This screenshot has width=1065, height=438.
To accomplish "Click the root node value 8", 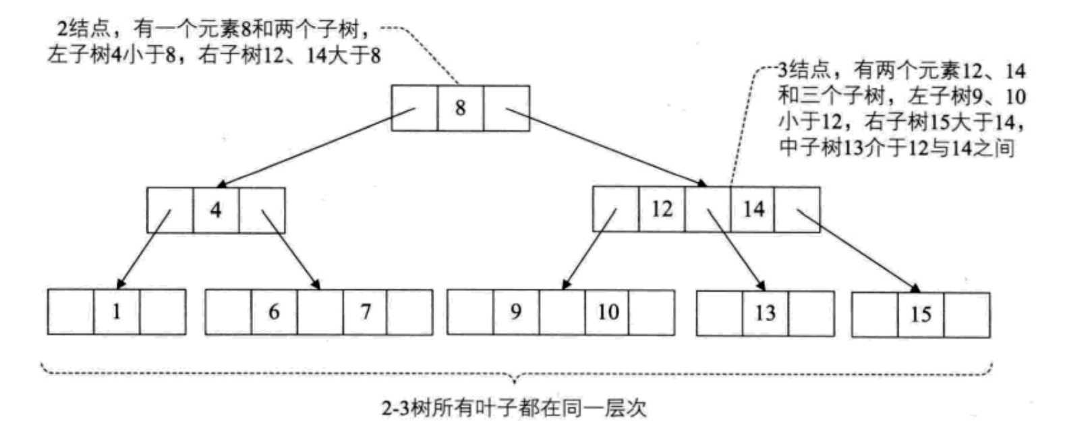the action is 460,108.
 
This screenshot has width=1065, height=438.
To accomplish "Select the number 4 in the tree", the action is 216,210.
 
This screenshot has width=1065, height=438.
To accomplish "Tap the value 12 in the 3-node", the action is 662,209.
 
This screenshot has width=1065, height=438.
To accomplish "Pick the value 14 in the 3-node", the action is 753,209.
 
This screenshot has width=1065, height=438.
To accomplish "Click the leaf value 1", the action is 117,312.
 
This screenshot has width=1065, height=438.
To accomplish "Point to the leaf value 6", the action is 274,312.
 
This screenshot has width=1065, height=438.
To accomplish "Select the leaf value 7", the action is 366,312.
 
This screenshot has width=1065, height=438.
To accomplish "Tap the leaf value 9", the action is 516,312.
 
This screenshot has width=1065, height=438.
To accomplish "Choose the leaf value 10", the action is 608,312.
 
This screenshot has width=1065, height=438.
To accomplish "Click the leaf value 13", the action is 765,313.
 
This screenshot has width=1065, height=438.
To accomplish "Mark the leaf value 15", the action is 921,314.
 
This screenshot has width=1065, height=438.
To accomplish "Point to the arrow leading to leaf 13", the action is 737,250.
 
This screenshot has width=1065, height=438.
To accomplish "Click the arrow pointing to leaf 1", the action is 144,248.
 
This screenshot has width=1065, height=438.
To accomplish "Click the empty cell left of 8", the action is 414,108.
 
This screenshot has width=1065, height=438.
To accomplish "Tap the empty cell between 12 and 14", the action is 708,209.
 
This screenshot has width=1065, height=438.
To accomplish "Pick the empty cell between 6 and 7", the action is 320,312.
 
